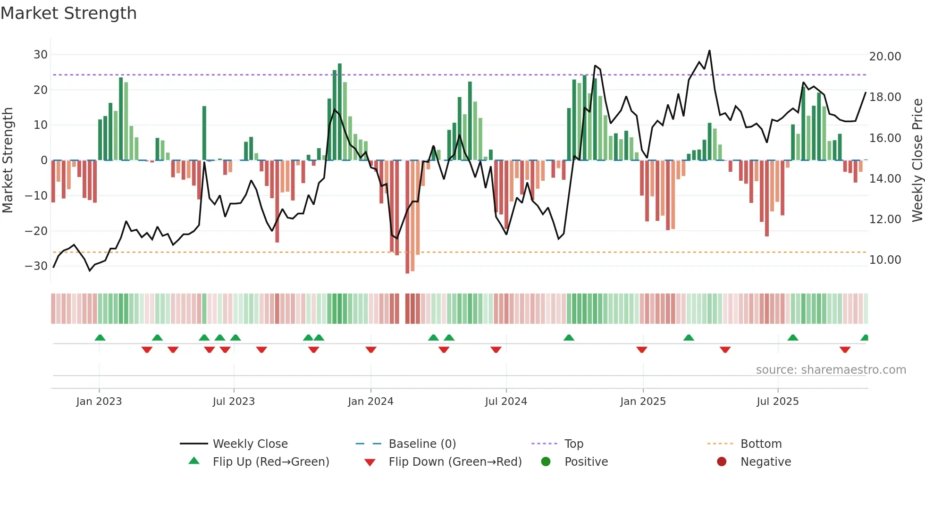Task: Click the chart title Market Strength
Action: point(68,13)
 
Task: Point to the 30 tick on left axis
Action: point(41,55)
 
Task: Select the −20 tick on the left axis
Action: point(37,231)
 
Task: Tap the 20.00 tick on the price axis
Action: point(885,57)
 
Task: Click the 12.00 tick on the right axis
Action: point(885,219)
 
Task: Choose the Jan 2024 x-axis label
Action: point(370,402)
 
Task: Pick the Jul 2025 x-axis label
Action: point(777,402)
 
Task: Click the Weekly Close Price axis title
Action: point(917,160)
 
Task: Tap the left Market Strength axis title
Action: point(8,160)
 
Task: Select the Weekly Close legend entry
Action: point(250,444)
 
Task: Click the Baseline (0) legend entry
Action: point(422,444)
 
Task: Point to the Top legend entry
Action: point(573,444)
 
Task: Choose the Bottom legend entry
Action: point(761,444)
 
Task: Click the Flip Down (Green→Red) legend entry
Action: point(454,462)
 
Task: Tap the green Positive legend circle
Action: point(546,462)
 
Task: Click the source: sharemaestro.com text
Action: point(831,370)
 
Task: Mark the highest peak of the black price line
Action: point(709,51)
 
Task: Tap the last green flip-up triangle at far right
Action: point(865,338)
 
